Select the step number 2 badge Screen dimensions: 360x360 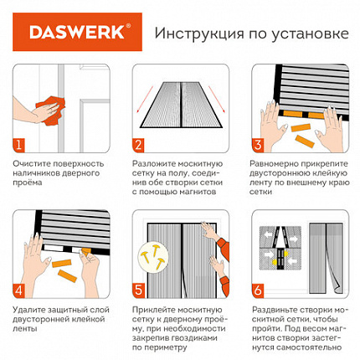point(138,145)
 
